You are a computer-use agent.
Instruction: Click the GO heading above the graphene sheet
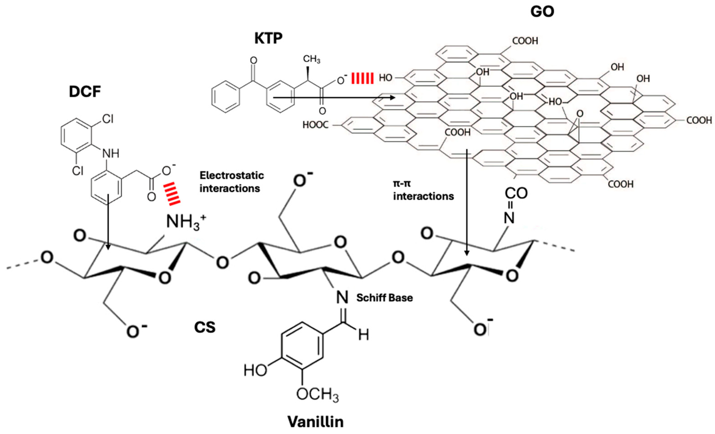pos(542,12)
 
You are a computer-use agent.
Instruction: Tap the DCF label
pos(85,92)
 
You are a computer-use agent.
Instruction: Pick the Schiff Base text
pos(385,298)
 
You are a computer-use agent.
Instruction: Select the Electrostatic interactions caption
pos(232,182)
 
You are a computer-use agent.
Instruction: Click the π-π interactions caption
pos(423,190)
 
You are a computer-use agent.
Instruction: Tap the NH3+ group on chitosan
pos(186,223)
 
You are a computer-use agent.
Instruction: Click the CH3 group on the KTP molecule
pos(312,59)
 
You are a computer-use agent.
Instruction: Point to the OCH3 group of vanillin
pos(317,394)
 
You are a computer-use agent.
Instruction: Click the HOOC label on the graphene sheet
pos(316,125)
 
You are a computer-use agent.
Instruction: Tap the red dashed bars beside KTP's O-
pos(362,78)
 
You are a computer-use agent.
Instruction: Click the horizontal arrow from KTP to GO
pos(334,98)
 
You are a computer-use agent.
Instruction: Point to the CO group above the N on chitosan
pos(516,193)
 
